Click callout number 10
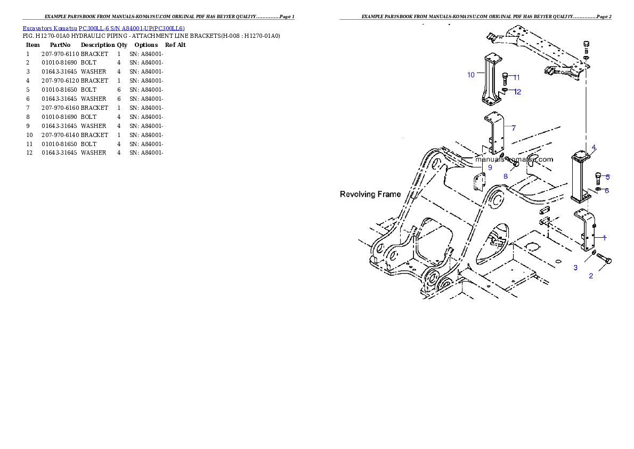click(x=471, y=75)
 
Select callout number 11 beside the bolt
click(x=516, y=77)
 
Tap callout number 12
click(x=517, y=92)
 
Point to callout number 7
click(x=513, y=128)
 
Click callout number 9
click(x=490, y=167)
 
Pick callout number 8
click(x=505, y=176)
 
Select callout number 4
click(x=594, y=147)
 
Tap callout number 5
click(x=607, y=177)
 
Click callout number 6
click(x=606, y=191)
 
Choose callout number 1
click(x=604, y=237)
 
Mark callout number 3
click(x=575, y=268)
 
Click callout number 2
click(x=591, y=276)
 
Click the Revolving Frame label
click(x=370, y=194)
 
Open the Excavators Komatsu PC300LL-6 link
click(x=103, y=28)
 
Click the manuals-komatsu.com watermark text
click(x=514, y=159)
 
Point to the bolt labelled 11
click(x=505, y=80)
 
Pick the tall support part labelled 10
click(x=491, y=80)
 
